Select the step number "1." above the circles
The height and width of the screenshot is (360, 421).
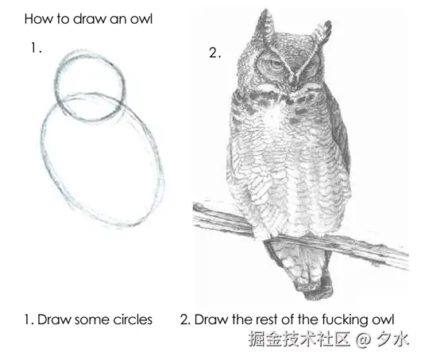coord(37,48)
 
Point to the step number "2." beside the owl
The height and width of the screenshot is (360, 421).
coord(215,52)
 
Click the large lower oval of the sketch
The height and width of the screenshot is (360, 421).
coord(43,150)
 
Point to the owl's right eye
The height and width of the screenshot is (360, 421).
coord(310,65)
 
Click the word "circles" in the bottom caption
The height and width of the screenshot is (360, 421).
coord(133,319)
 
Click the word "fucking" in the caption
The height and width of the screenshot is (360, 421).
coord(345,320)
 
